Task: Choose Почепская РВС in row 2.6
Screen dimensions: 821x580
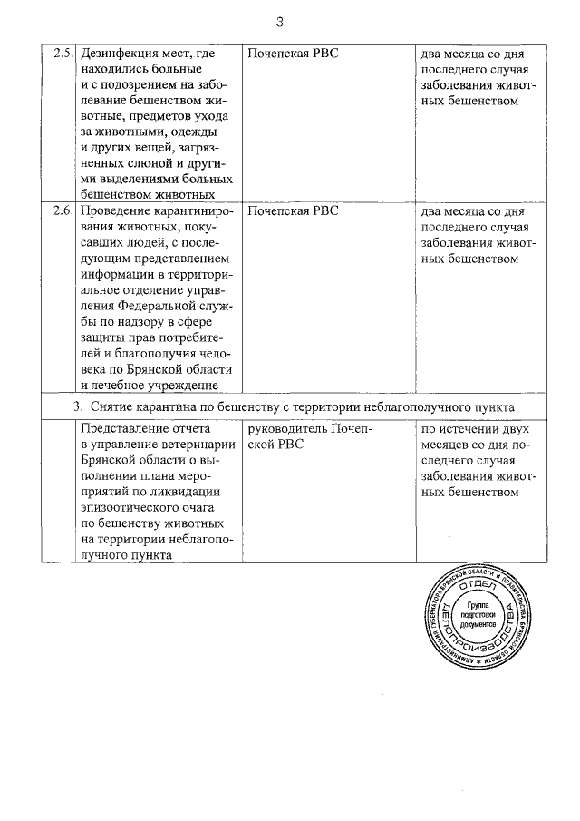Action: [293, 210]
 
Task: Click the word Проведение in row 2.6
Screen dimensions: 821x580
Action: [117, 210]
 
